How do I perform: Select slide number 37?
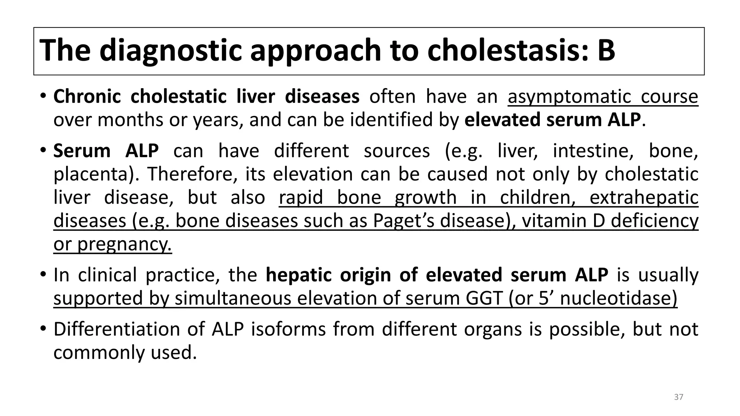tap(679, 397)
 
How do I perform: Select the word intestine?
tap(593, 151)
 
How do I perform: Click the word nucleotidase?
tap(618, 298)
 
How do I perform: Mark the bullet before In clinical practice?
tap(43, 274)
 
